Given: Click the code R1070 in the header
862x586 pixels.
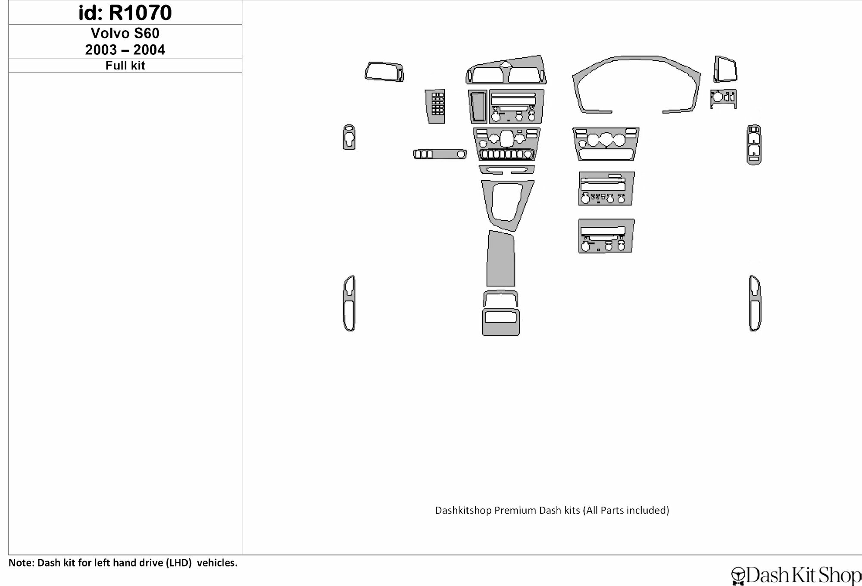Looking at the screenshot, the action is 140,13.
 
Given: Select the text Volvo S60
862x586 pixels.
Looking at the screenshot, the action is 125,33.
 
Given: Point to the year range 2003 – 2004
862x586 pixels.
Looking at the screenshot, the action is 125,50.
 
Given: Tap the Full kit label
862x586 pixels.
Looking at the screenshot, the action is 125,66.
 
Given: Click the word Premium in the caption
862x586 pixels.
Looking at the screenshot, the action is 513,511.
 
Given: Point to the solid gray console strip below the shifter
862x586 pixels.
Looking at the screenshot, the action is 501,259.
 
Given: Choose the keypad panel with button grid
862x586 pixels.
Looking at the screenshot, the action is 435,107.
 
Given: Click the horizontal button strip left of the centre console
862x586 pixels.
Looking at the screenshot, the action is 440,154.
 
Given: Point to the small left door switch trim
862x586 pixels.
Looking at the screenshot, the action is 349,138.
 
